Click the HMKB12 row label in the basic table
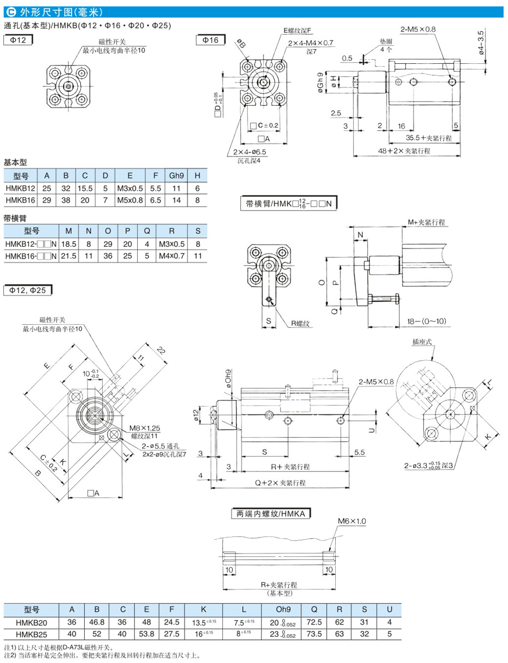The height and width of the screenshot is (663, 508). point(20,187)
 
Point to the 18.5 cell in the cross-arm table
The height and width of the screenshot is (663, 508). point(69,243)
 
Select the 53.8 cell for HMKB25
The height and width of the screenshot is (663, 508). point(146,634)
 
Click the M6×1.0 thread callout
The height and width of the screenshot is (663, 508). point(352,521)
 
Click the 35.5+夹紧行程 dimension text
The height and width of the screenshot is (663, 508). point(430,138)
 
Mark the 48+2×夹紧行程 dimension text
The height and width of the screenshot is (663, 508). point(405,151)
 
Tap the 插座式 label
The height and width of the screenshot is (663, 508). point(423,342)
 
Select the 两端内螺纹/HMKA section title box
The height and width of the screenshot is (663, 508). point(272,514)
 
